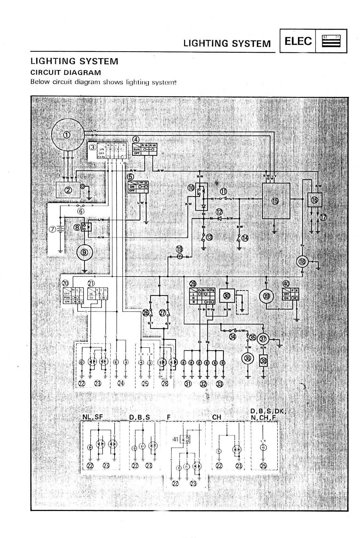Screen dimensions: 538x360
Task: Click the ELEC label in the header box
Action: (x=298, y=41)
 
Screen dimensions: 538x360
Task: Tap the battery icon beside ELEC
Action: (x=331, y=41)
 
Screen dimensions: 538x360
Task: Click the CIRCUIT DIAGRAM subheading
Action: (x=66, y=72)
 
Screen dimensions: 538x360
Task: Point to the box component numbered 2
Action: (x=68, y=190)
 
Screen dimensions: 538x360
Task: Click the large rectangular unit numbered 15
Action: (x=276, y=201)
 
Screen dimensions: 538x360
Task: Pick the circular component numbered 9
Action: (x=85, y=252)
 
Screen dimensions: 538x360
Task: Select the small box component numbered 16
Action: (x=315, y=200)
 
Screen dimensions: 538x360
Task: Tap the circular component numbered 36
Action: (x=248, y=358)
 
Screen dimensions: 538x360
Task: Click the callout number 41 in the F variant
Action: (x=176, y=439)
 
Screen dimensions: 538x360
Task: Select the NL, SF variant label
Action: (x=93, y=417)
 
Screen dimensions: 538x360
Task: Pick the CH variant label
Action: (x=217, y=417)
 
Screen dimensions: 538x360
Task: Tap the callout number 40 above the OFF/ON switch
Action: (x=286, y=283)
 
